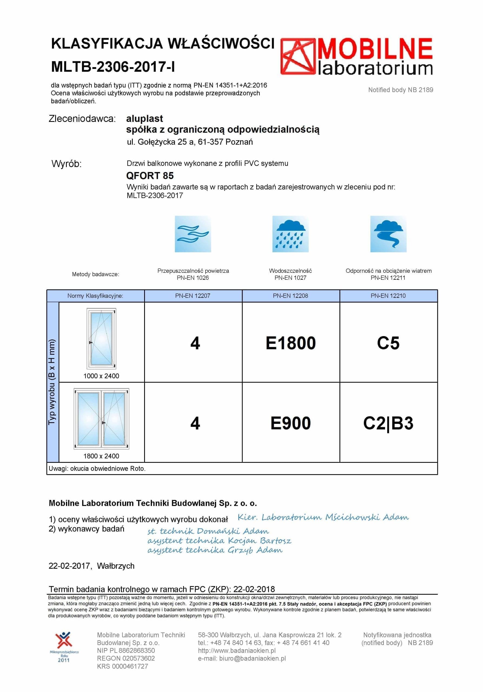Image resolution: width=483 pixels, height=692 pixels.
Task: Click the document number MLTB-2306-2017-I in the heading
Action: tap(113, 66)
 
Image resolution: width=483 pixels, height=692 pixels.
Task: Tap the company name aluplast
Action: tap(144, 118)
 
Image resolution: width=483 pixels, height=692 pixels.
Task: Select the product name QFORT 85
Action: tap(150, 175)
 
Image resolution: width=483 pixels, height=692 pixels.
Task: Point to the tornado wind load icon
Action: tap(388, 234)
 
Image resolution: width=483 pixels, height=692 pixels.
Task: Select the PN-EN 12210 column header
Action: tap(388, 296)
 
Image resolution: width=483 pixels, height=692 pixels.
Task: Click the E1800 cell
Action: tap(290, 343)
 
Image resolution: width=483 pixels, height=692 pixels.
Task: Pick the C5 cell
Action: tap(388, 343)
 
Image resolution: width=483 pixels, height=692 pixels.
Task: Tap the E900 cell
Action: tap(290, 423)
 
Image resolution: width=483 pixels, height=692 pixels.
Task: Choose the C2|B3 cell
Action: tap(388, 423)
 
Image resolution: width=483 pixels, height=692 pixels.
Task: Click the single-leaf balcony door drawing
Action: tap(101, 338)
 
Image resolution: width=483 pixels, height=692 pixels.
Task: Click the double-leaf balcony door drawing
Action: tap(101, 419)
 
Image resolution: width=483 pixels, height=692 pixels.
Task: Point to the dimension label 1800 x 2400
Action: tap(101, 456)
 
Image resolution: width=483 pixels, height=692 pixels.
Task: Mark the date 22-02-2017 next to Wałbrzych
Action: tap(69, 566)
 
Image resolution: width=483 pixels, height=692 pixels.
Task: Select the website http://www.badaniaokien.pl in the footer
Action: tap(237, 650)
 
